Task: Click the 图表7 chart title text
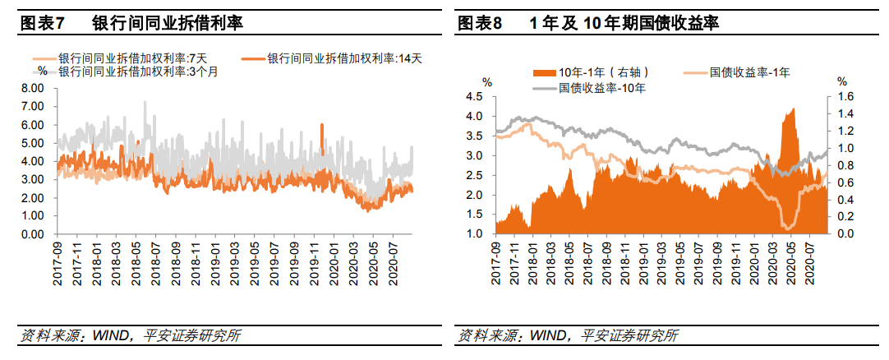[x=131, y=23]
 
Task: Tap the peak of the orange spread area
[x=793, y=109]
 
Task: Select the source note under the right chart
[x=568, y=336]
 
